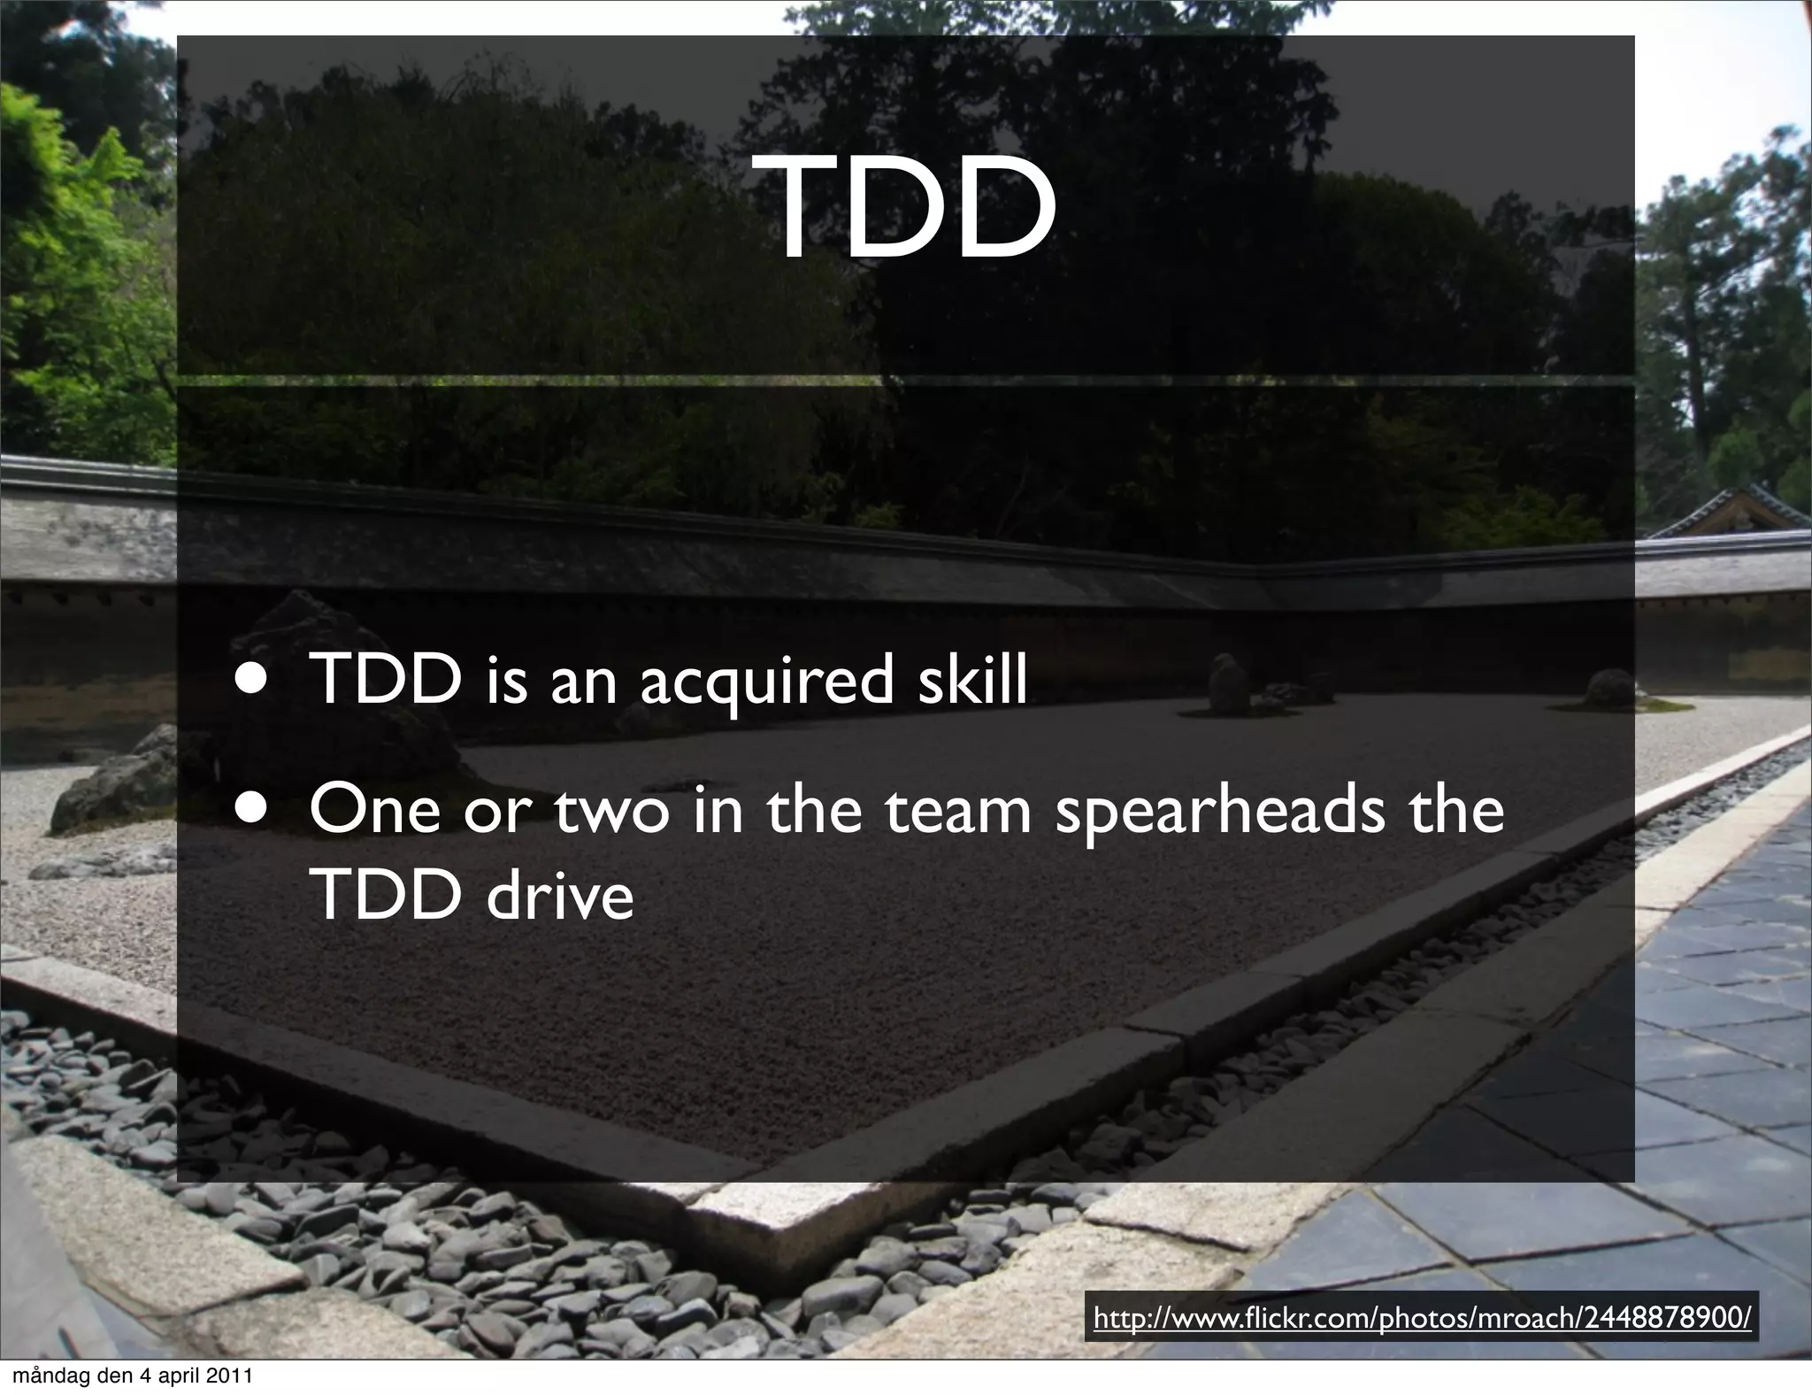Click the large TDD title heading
pos(914,209)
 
